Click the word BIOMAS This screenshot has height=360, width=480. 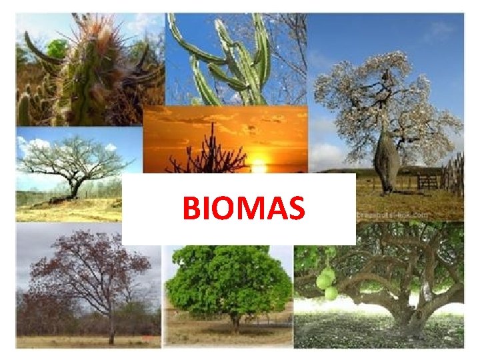pos(244,208)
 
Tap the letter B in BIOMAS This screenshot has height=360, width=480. pos(192,208)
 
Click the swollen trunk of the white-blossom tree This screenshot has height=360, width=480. pos(385,157)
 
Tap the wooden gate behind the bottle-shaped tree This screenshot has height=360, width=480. pos(426,181)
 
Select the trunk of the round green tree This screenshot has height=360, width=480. pos(235,323)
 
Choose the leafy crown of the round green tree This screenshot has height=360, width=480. pos(230,280)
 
